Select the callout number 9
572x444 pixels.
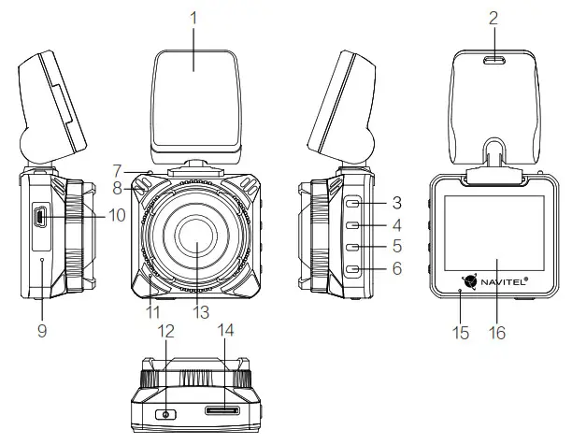coord(41,330)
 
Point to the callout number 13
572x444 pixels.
coord(197,310)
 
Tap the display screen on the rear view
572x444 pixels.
coord(493,234)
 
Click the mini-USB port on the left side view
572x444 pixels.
coord(41,219)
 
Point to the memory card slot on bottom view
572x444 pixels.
coord(221,410)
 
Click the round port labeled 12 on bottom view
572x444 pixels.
coord(166,413)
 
